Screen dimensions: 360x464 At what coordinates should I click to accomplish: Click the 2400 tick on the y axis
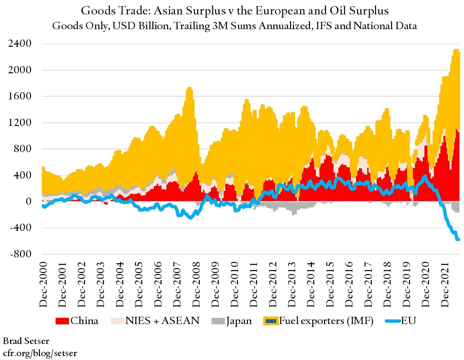(20, 43)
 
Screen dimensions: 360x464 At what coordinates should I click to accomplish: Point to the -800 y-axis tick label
(21, 254)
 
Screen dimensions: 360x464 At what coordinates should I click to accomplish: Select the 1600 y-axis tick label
(20, 96)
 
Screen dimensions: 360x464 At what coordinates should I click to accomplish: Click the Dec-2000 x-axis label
(43, 284)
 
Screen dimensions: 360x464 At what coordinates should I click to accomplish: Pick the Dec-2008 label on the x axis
(196, 284)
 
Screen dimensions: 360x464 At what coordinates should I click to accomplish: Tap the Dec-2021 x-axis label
(445, 284)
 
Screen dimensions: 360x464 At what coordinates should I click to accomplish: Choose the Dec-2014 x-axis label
(311, 284)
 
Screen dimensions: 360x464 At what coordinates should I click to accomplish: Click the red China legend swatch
(62, 321)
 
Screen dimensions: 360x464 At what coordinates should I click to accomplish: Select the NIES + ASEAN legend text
(162, 321)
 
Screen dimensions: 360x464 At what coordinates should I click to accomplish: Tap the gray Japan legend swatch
(218, 321)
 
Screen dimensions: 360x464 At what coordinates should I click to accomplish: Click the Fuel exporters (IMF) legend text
(326, 321)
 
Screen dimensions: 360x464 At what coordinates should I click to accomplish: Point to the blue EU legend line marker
(393, 321)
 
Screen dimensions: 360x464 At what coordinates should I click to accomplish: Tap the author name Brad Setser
(26, 341)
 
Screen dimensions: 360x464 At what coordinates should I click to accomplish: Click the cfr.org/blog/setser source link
(40, 353)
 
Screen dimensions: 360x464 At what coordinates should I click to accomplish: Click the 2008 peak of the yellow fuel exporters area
(189, 88)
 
